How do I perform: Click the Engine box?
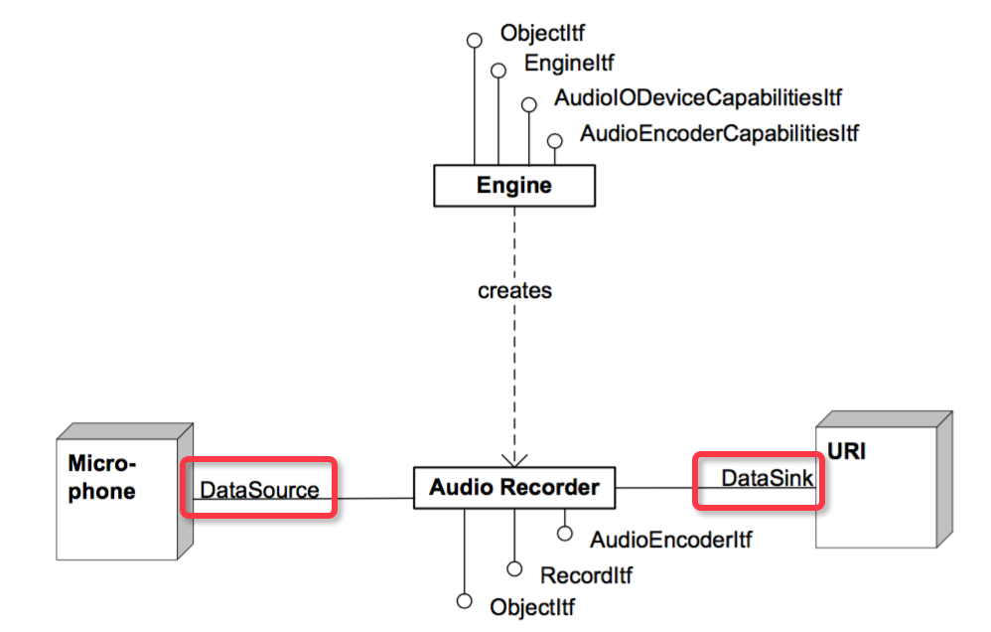pyautogui.click(x=513, y=186)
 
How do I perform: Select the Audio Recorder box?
pyautogui.click(x=513, y=488)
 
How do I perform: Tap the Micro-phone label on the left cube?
pyautogui.click(x=102, y=477)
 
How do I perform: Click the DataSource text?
pyautogui.click(x=259, y=490)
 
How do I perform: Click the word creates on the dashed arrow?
pyautogui.click(x=514, y=291)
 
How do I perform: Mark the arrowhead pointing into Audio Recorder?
pyautogui.click(x=514, y=458)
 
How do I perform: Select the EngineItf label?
pyautogui.click(x=569, y=64)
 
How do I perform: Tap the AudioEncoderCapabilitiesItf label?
pyautogui.click(x=719, y=133)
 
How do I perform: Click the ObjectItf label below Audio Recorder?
pyautogui.click(x=532, y=606)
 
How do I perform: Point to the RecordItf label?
pyautogui.click(x=586, y=574)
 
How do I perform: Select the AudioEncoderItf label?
pyautogui.click(x=670, y=540)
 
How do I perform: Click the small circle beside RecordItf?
pyautogui.click(x=513, y=568)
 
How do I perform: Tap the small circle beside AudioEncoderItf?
pyautogui.click(x=564, y=535)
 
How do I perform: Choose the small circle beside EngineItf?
pyautogui.click(x=498, y=70)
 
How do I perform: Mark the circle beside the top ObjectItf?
pyautogui.click(x=475, y=40)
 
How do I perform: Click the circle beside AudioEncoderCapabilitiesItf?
pyautogui.click(x=555, y=140)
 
